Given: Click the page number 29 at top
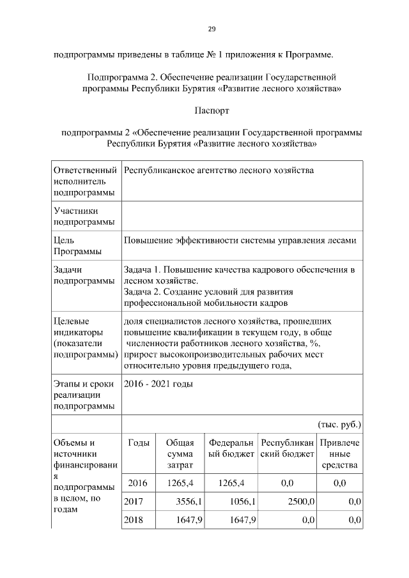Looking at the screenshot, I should point(212,29).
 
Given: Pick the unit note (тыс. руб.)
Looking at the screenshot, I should point(339,424).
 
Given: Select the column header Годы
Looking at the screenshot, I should point(139,443).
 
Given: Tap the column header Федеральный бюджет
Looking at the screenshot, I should point(231,448).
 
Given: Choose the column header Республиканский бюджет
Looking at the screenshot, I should point(286,448).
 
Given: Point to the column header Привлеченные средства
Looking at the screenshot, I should point(339,454).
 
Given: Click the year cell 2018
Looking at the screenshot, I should point(134,521).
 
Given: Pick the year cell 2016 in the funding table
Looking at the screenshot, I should point(138,483).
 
